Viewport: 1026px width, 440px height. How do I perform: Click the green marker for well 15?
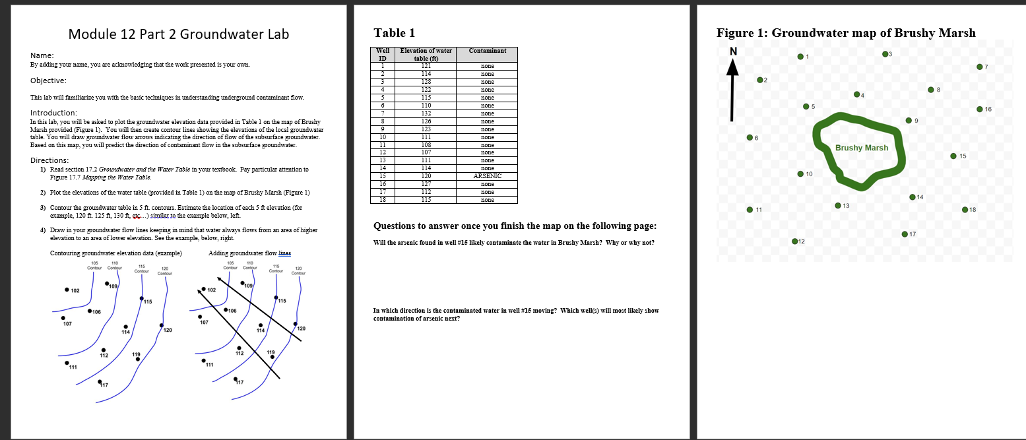953,156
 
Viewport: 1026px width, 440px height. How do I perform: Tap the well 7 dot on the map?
980,67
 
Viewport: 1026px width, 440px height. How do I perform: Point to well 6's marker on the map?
749,137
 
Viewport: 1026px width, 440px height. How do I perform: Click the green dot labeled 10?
800,174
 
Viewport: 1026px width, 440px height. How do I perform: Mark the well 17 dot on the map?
904,234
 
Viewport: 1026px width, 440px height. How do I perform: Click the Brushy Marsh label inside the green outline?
861,147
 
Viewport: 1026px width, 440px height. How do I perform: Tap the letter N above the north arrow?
732,51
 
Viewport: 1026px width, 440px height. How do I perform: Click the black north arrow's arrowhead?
732,67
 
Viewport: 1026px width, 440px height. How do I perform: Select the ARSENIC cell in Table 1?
488,176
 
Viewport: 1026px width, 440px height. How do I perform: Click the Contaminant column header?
488,50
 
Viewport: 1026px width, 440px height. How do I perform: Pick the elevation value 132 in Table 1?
426,113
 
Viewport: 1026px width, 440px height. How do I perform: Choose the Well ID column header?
383,53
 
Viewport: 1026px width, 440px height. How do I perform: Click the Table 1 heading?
394,33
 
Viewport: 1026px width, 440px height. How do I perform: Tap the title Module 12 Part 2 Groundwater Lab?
178,34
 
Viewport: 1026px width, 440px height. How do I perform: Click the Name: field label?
42,55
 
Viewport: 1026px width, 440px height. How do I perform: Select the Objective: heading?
48,80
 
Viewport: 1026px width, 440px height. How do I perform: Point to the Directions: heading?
50,160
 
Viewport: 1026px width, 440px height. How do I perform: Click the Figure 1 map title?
845,33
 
